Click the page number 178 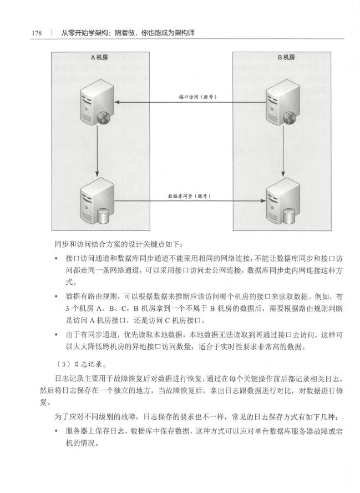pyautogui.click(x=37, y=33)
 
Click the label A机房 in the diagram pyautogui.click(x=99, y=57)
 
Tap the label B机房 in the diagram pyautogui.click(x=286, y=57)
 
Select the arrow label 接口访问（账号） pyautogui.click(x=198, y=97)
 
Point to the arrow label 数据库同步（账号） pyautogui.click(x=189, y=196)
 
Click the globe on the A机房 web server pyautogui.click(x=103, y=118)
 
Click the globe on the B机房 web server pyautogui.click(x=290, y=118)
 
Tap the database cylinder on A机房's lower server pyautogui.click(x=103, y=216)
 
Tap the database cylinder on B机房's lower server pyautogui.click(x=289, y=216)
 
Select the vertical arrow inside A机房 pyautogui.click(x=98, y=151)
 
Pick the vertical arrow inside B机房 pyautogui.click(x=283, y=151)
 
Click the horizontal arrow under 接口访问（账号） pyautogui.click(x=190, y=102)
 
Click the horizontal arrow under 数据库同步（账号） pyautogui.click(x=190, y=200)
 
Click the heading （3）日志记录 pyautogui.click(x=80, y=364)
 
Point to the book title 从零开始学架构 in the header pyautogui.click(x=84, y=33)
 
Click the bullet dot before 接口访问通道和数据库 pyautogui.click(x=56, y=259)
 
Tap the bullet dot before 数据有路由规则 pyautogui.click(x=56, y=296)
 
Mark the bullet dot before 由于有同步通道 pyautogui.click(x=56, y=335)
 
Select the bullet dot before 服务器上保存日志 pyautogui.click(x=56, y=431)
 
